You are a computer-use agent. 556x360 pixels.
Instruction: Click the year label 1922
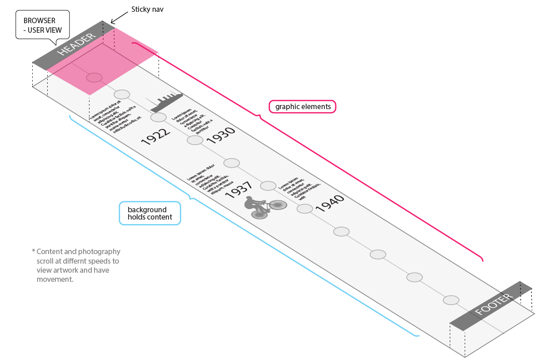tap(155, 136)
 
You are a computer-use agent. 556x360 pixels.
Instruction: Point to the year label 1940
tap(329, 203)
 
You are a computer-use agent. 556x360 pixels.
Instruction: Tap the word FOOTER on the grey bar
tap(494, 305)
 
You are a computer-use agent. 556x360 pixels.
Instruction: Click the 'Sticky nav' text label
tap(148, 9)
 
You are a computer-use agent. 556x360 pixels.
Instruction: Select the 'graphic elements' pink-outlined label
tap(302, 106)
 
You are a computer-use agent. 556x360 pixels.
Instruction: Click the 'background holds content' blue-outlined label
tap(150, 213)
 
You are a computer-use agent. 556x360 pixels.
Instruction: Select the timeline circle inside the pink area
tap(94, 77)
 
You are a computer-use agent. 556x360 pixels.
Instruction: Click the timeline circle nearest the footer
tap(451, 300)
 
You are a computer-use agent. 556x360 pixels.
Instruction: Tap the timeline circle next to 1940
tap(305, 209)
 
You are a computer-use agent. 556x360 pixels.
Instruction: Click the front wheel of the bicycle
tap(278, 205)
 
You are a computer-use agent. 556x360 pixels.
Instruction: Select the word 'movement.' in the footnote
tap(55, 280)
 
